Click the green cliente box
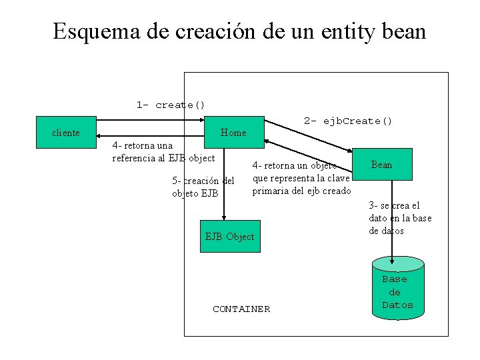pos(66,133)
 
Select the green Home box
pos(233,133)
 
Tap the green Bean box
pos(381,165)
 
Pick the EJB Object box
pos(229,237)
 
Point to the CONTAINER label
pos(241,309)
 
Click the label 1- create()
pos(171,105)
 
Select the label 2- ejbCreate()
pos(348,121)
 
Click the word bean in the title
pos(403,31)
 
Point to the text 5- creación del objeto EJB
pos(203,187)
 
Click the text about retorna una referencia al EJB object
pos(163,151)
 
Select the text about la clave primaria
pos(301,178)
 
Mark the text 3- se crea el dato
pos(400,218)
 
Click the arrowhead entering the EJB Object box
pos(224,217)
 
